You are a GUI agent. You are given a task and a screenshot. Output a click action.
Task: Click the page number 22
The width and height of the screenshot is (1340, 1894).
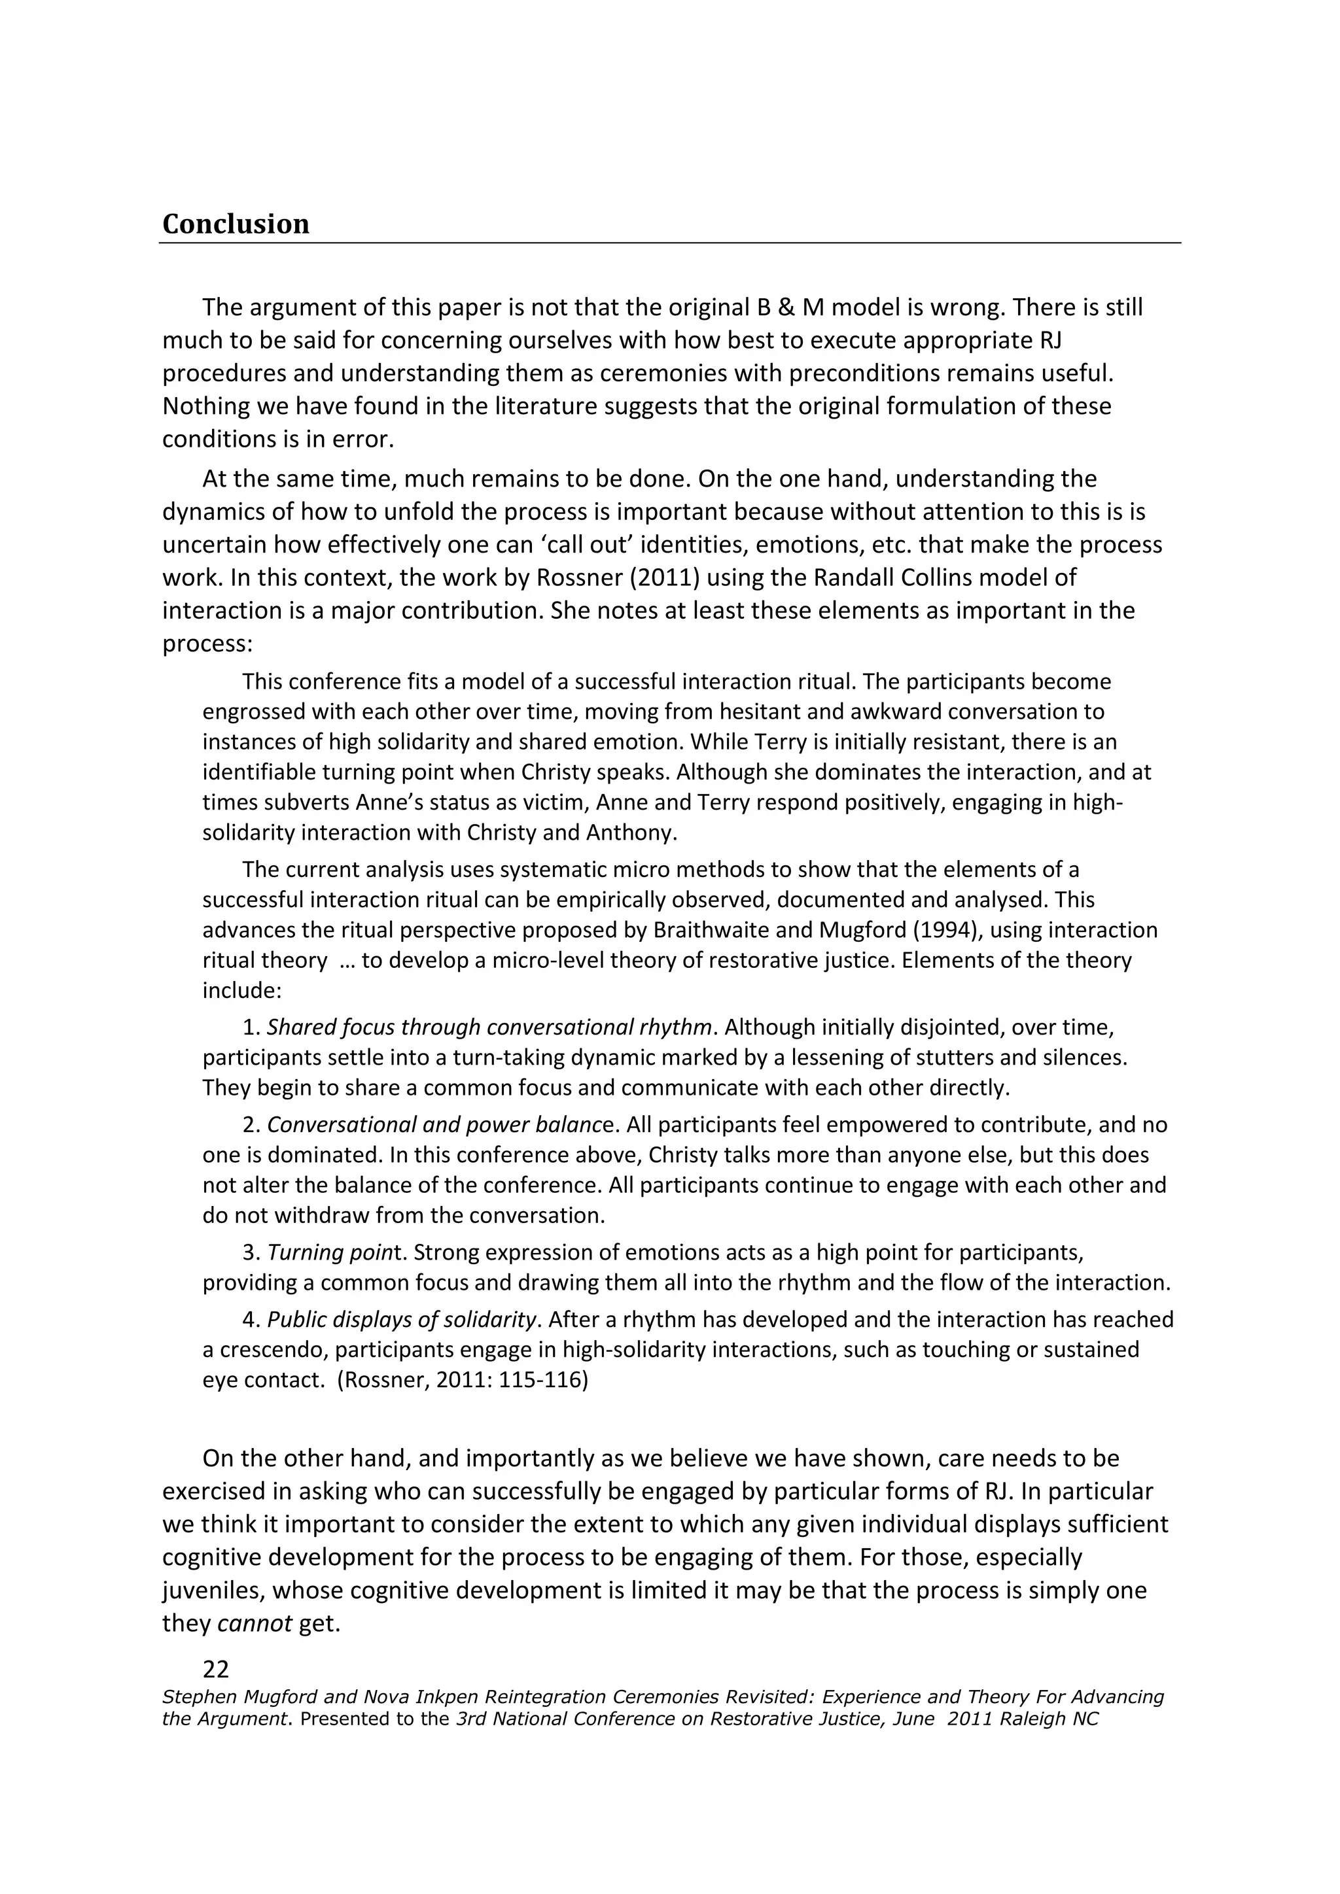[215, 1670]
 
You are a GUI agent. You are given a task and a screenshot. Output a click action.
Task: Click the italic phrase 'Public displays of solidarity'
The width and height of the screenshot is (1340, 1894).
[402, 1319]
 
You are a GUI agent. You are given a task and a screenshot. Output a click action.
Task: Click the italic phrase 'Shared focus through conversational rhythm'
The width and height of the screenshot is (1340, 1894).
[489, 1027]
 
